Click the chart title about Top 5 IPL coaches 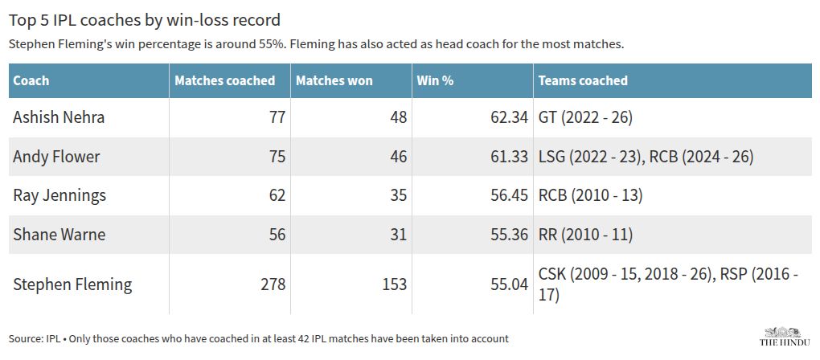pos(145,20)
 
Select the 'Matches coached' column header pos(225,80)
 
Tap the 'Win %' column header pos(435,80)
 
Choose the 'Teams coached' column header pos(583,80)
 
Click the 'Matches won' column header pos(334,80)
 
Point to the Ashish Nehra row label pos(59,117)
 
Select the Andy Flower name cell pos(56,156)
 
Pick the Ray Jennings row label pos(59,195)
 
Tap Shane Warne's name pos(59,235)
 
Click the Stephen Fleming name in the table pos(72,284)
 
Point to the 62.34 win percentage pos(506,117)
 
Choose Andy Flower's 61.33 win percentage pos(506,156)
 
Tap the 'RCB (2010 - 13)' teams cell pos(590,195)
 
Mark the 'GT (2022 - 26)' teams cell pos(585,117)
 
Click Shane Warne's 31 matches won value pos(398,235)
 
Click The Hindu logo pos(785,336)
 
